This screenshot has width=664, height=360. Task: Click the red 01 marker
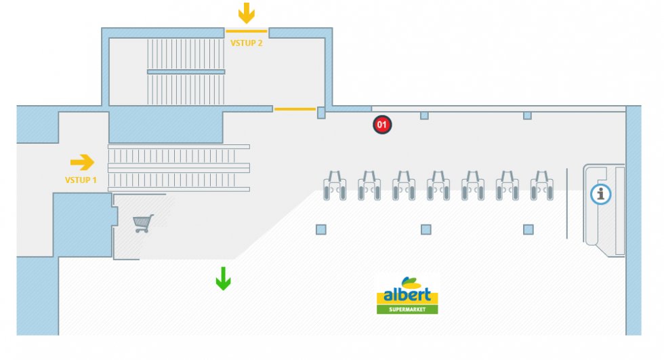point(382,125)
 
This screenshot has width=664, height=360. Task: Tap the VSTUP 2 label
point(247,43)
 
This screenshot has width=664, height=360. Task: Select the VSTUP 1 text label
point(81,180)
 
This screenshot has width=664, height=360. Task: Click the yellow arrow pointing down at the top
point(247,13)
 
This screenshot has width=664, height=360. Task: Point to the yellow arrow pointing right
point(82,162)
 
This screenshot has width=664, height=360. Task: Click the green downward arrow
point(223,278)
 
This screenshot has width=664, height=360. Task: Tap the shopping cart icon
point(143,223)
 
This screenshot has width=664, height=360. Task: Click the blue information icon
point(600,195)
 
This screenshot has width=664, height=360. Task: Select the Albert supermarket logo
point(407,294)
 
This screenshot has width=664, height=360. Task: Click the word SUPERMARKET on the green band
point(407,309)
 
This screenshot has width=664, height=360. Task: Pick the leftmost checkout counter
point(335,186)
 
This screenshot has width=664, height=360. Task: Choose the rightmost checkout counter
point(542,186)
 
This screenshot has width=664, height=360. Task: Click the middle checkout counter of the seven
point(438,186)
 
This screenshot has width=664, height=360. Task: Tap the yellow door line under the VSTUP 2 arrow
point(246,31)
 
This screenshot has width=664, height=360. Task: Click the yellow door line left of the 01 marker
point(295,109)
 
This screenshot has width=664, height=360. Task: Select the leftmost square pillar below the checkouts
point(321,230)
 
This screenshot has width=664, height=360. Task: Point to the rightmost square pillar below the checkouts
point(528,230)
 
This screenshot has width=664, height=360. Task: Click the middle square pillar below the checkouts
point(426,230)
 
